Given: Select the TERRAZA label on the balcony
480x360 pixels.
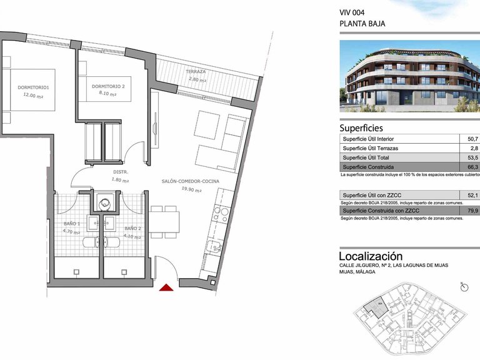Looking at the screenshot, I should (x=196, y=72).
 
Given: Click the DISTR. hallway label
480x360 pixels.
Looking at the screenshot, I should (x=121, y=172).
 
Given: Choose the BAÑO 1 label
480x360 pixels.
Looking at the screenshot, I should (x=71, y=224).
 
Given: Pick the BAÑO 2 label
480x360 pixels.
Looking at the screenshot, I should (x=132, y=229).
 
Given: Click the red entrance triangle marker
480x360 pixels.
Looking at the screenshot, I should (x=166, y=287).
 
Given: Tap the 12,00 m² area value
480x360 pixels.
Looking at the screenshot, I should (x=33, y=96).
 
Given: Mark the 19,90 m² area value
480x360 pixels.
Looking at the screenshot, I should (x=191, y=189).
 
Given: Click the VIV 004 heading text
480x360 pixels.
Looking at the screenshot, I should (x=352, y=12).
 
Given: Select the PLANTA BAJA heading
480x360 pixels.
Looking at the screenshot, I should (x=362, y=24).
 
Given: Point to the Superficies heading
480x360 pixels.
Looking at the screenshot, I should (x=366, y=127).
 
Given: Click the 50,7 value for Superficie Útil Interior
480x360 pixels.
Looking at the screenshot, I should (x=472, y=139).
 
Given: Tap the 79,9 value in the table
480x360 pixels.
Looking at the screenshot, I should (x=472, y=211).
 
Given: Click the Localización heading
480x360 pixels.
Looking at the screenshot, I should (x=371, y=256).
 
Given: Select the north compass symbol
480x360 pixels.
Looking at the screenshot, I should (x=464, y=286).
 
